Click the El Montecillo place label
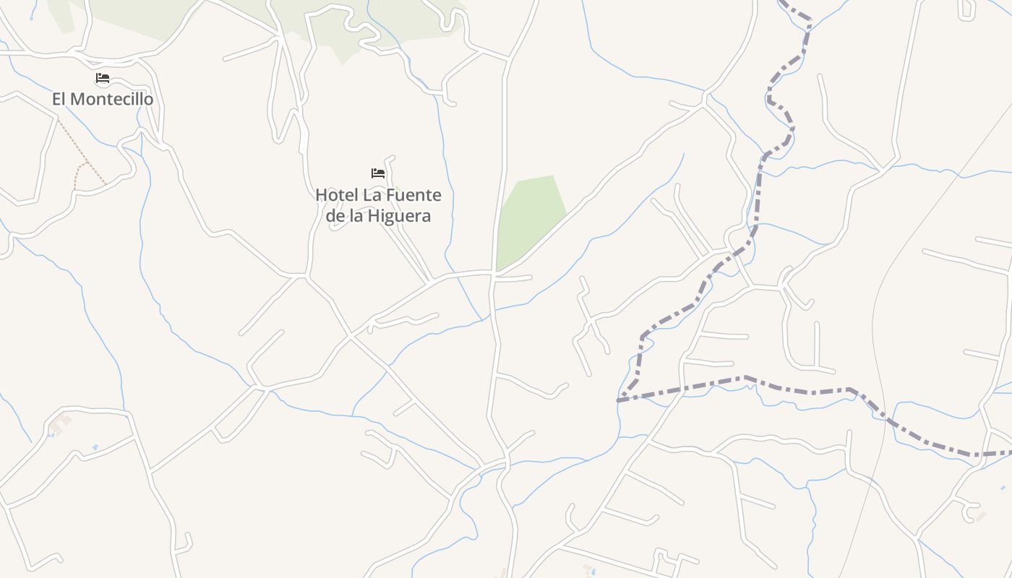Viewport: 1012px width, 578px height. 103,99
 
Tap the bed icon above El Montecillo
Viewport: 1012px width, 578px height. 103,78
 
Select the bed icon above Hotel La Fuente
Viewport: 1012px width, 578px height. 377,173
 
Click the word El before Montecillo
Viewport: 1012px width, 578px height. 59,99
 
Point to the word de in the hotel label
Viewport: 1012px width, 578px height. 334,216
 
